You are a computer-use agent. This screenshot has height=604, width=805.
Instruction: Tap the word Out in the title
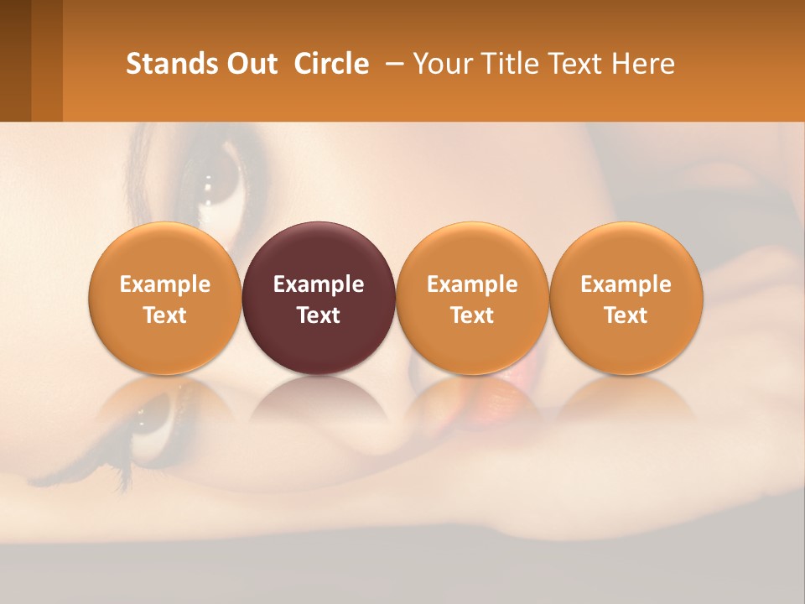(251, 64)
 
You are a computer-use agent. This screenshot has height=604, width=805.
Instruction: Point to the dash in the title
(392, 64)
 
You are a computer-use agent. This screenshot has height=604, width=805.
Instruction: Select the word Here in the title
(644, 64)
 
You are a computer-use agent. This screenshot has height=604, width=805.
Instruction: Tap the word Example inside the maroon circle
(319, 284)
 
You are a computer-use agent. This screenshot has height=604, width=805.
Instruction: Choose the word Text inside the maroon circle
(319, 315)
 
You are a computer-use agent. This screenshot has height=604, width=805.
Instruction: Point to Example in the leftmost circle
(165, 284)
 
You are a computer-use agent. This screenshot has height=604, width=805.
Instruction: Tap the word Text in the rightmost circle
(626, 315)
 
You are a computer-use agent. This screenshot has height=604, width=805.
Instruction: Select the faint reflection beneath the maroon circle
(319, 403)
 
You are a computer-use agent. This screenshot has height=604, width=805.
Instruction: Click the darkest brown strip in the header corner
(15, 60)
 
